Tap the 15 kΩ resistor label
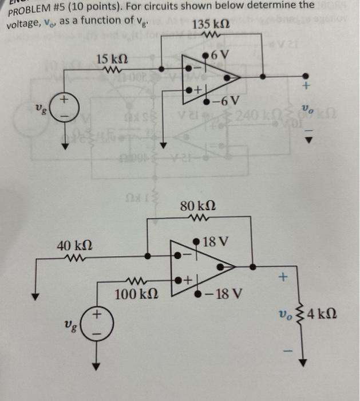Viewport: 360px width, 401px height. click(x=112, y=59)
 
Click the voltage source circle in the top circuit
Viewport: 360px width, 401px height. click(x=65, y=107)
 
